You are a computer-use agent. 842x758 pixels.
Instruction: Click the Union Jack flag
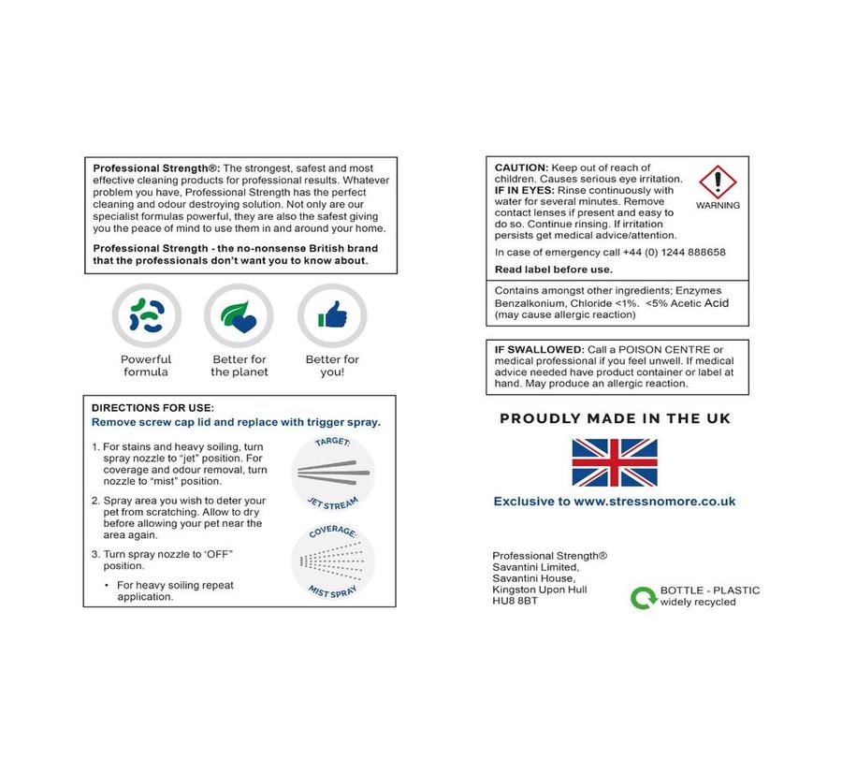pos(615,462)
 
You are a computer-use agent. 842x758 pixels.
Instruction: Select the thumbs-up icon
pos(332,317)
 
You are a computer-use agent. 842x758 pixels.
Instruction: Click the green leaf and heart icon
pos(239,317)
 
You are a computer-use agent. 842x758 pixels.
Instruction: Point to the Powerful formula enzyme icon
pos(146,317)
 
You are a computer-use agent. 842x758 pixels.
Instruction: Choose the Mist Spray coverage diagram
pos(332,563)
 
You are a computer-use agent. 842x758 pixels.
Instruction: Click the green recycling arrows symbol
pos(643,597)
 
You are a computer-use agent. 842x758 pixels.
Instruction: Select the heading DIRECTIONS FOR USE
pos(152,408)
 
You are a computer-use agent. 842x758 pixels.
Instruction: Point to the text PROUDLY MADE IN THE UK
pos(615,418)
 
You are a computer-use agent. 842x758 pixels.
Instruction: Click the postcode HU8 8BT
pos(515,601)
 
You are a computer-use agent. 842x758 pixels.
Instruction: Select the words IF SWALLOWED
pos(538,349)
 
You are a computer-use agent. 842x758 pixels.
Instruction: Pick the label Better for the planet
pos(239,366)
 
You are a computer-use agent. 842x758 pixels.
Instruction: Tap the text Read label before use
pos(553,270)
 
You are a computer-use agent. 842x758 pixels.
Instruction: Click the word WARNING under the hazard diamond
pos(718,206)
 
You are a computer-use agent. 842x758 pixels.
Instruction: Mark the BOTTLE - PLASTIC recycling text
pos(709,590)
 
